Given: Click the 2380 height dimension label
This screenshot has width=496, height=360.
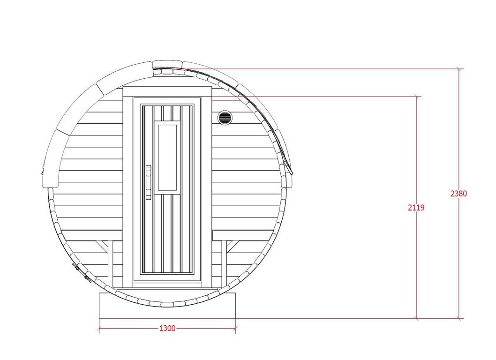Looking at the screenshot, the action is coord(458,193).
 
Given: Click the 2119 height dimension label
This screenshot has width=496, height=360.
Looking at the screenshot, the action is coord(416,208).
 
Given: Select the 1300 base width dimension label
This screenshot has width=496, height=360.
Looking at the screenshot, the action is coord(167,329).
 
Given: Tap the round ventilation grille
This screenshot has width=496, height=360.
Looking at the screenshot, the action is coord(225,118).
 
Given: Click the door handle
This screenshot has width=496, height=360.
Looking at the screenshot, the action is coord(148,182).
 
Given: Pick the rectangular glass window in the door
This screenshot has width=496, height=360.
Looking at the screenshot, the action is coord(167,158).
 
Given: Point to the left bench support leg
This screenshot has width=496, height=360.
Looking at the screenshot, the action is coord(110,263).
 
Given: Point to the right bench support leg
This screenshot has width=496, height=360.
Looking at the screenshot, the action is coord(224,262).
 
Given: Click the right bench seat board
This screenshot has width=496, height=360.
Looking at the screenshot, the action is coord(244,235).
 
